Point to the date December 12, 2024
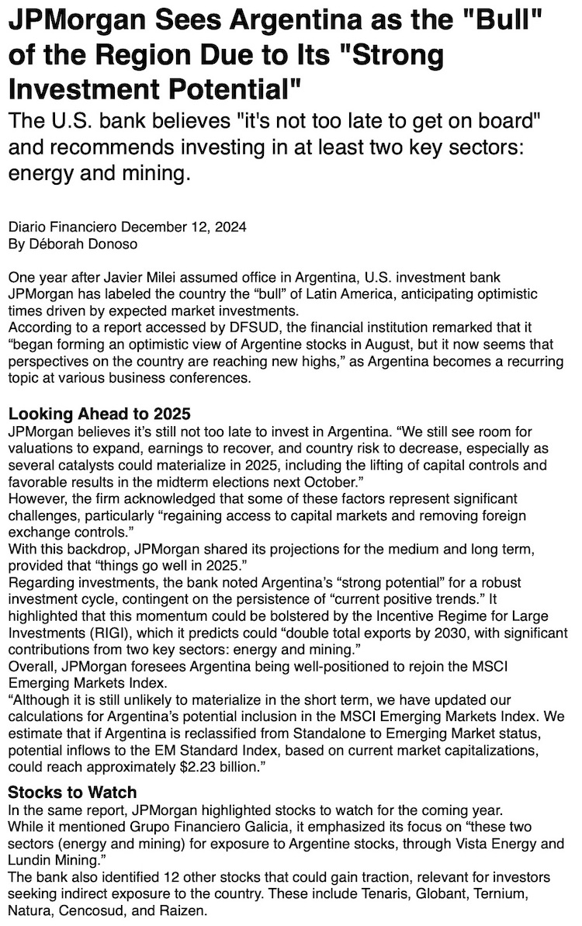(184, 227)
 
